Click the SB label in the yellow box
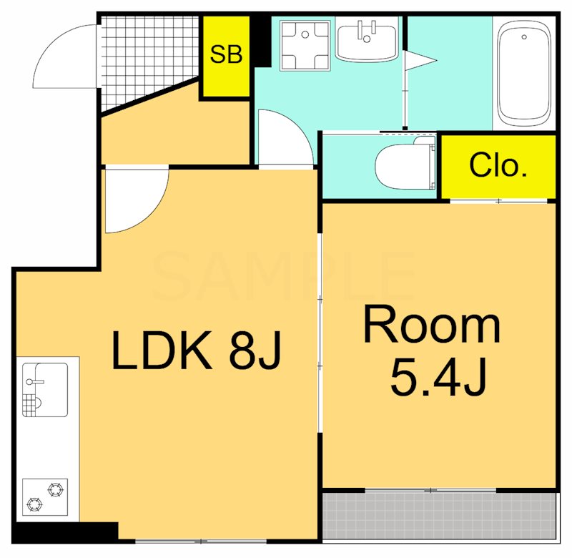226,54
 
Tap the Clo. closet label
498,165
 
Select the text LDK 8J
197,350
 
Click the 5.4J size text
438,376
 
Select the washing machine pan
305,45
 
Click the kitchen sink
45,389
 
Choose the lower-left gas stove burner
34,505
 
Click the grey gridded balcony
440,515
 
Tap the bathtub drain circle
524,37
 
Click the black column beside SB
262,41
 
